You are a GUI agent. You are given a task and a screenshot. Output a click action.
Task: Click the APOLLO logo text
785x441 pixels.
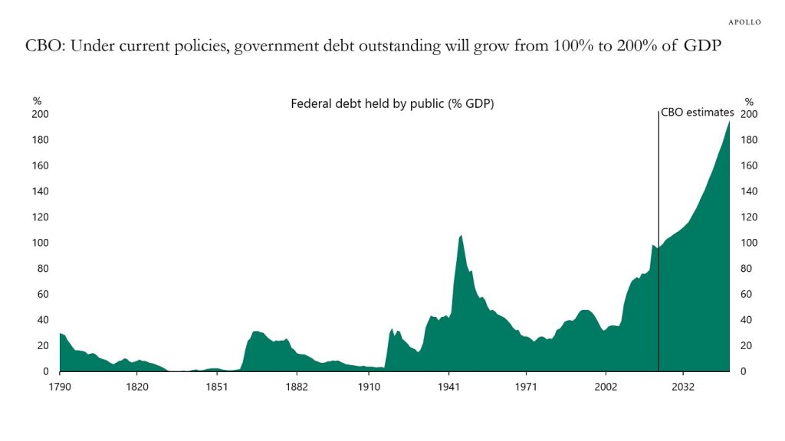click(744, 22)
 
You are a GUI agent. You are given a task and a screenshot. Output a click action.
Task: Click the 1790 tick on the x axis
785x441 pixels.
click(60, 386)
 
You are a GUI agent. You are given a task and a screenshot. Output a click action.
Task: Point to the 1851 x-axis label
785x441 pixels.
click(217, 386)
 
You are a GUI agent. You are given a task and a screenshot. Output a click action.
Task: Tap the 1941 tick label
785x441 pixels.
click(449, 386)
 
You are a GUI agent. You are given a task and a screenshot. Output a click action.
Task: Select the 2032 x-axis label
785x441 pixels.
click(683, 386)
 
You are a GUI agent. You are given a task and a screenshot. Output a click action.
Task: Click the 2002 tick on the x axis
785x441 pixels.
click(606, 386)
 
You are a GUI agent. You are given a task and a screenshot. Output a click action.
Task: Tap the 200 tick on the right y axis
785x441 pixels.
click(749, 114)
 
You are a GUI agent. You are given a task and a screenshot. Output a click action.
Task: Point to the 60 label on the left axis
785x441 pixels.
click(43, 294)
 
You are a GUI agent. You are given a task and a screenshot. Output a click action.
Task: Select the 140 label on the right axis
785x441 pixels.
click(749, 191)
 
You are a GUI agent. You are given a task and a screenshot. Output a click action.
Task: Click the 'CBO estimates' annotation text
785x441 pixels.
click(698, 113)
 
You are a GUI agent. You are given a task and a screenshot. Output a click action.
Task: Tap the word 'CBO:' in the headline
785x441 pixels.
click(47, 46)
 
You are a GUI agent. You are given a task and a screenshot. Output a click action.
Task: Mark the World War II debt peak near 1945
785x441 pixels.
click(460, 236)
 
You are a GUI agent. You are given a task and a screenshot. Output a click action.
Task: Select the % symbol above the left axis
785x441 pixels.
click(36, 101)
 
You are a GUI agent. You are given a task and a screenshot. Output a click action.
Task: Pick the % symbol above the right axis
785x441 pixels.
click(749, 101)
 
